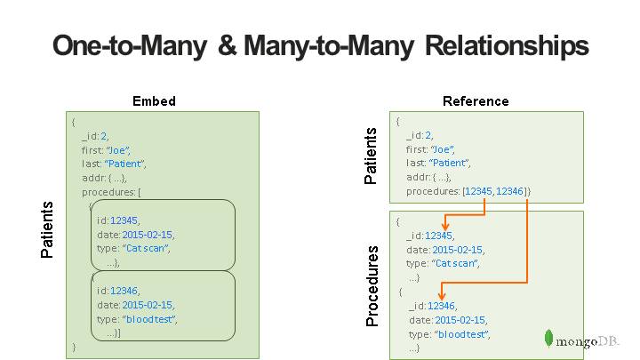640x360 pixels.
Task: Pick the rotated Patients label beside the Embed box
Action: [48, 229]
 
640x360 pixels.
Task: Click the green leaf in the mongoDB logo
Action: [550, 339]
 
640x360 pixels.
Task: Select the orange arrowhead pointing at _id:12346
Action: [442, 296]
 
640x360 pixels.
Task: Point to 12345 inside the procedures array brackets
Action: [480, 191]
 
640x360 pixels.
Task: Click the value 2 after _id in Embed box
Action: [104, 137]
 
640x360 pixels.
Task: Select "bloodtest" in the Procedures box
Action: [462, 334]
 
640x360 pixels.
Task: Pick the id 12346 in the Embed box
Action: [124, 291]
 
